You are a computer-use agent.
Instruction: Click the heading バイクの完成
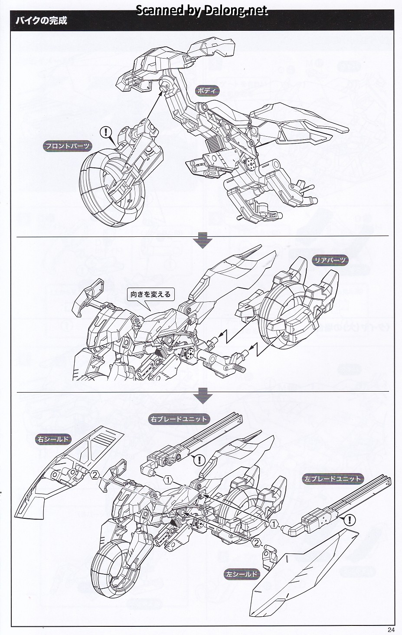tap(42, 20)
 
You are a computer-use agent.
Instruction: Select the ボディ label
tap(208, 91)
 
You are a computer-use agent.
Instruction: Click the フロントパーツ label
tap(68, 146)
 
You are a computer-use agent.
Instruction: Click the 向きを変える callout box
tap(151, 294)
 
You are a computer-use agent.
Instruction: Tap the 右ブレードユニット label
tap(179, 419)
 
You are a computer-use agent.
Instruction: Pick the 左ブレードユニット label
tap(333, 479)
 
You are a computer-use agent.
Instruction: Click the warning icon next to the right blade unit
tap(199, 459)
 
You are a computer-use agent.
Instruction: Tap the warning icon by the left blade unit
tap(350, 520)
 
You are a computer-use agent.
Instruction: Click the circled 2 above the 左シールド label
tap(257, 542)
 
